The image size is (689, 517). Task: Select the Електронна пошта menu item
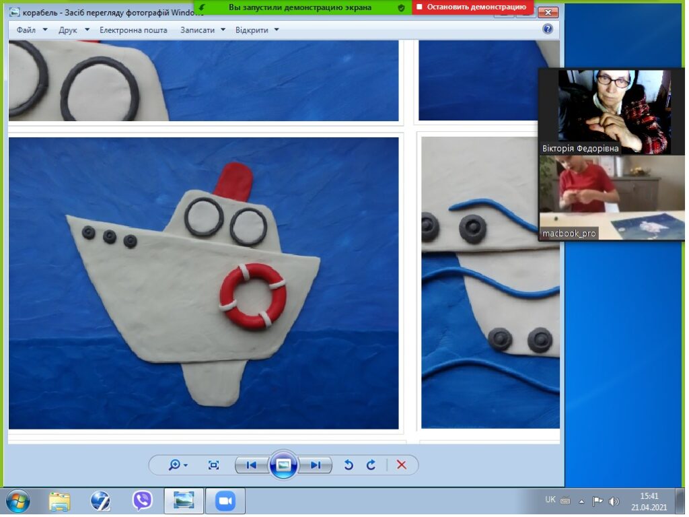[133, 30]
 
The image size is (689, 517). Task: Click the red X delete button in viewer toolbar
[401, 464]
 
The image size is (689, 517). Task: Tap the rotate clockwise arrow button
[371, 464]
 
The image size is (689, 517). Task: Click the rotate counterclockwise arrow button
[349, 464]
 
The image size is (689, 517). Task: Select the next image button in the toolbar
[315, 464]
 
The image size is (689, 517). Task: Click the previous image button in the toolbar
[252, 464]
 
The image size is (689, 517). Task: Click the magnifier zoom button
[178, 464]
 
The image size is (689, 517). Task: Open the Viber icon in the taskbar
[143, 500]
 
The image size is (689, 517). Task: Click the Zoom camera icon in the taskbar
[225, 501]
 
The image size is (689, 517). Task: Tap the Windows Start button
[18, 501]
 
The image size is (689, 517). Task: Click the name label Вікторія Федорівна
[580, 149]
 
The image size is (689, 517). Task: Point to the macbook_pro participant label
[569, 234]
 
